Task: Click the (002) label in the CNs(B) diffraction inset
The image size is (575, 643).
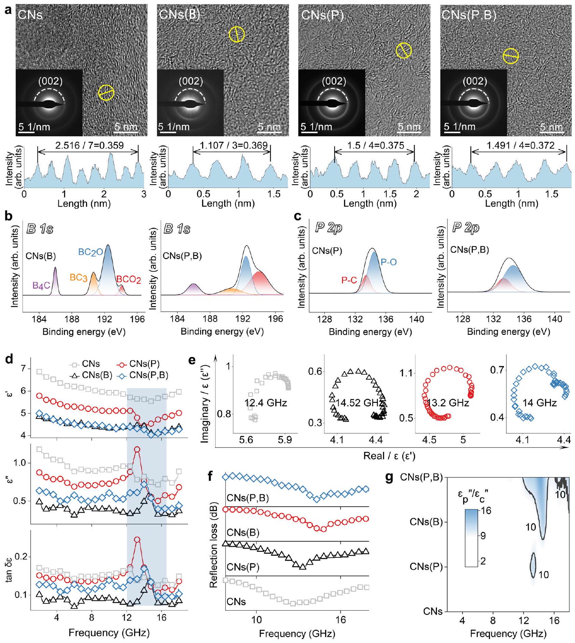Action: pos(191,81)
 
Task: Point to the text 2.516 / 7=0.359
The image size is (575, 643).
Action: pos(89,146)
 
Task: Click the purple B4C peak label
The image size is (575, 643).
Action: pos(42,285)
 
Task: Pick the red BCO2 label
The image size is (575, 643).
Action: pos(129,280)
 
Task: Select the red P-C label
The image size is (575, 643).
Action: pos(349,280)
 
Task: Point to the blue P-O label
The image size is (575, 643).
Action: pos(389,262)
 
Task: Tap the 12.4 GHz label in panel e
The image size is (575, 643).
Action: pos(266,403)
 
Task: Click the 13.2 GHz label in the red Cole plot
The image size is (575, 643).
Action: pos(448,403)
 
